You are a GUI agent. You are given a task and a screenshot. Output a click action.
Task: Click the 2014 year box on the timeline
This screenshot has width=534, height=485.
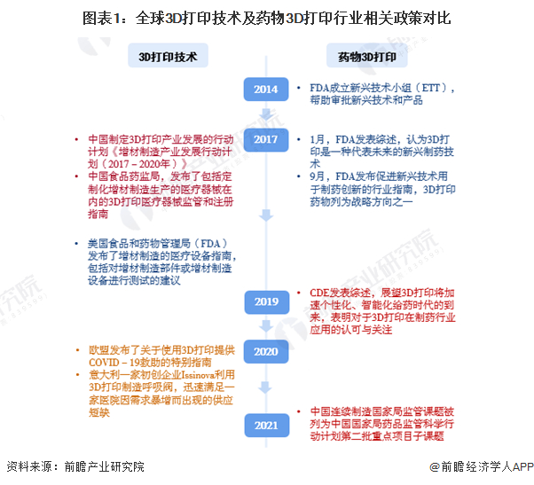[266, 89]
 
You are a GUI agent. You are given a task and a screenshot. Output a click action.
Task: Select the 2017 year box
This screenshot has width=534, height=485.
[266, 139]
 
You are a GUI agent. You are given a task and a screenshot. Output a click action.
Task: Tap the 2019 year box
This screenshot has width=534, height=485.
[266, 301]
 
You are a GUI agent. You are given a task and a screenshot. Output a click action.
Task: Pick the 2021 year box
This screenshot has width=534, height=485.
[266, 425]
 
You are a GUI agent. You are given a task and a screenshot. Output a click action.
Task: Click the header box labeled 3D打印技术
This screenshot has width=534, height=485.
[167, 57]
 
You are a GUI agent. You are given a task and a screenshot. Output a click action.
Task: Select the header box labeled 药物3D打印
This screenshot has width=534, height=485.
[366, 57]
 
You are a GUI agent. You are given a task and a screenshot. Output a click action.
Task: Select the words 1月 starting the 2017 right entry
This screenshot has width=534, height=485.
[317, 139]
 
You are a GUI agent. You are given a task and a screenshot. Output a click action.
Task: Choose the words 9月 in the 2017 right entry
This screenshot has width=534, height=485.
[317, 176]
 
